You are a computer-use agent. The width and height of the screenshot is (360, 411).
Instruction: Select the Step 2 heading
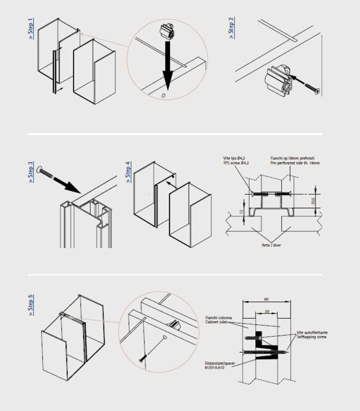point(232,28)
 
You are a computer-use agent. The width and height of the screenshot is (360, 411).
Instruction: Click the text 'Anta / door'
point(271,245)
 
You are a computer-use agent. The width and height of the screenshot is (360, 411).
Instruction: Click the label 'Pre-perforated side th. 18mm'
point(295,163)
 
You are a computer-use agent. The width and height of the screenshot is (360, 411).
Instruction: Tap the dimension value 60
point(266,299)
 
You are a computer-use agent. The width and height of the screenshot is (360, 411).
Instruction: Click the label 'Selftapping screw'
point(312,337)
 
